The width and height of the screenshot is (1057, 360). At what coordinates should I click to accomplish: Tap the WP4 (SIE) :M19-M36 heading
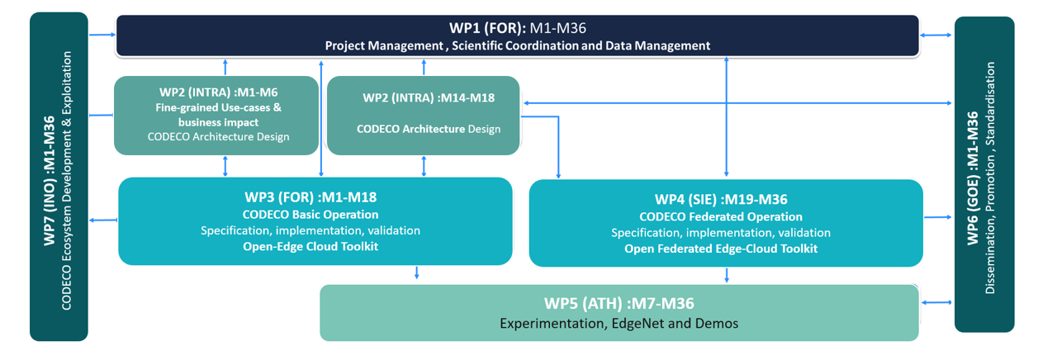[721, 199]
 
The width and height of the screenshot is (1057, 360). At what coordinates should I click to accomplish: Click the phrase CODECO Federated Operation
[721, 217]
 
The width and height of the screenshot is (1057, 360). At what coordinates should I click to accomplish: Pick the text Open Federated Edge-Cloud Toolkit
[721, 249]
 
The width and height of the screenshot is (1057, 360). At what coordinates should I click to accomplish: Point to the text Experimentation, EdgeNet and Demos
[619, 323]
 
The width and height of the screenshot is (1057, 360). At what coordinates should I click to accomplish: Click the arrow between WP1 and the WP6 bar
[937, 35]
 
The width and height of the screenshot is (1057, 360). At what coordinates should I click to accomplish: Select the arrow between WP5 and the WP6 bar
[937, 303]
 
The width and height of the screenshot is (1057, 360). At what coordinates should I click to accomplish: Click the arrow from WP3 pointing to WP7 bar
[102, 220]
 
